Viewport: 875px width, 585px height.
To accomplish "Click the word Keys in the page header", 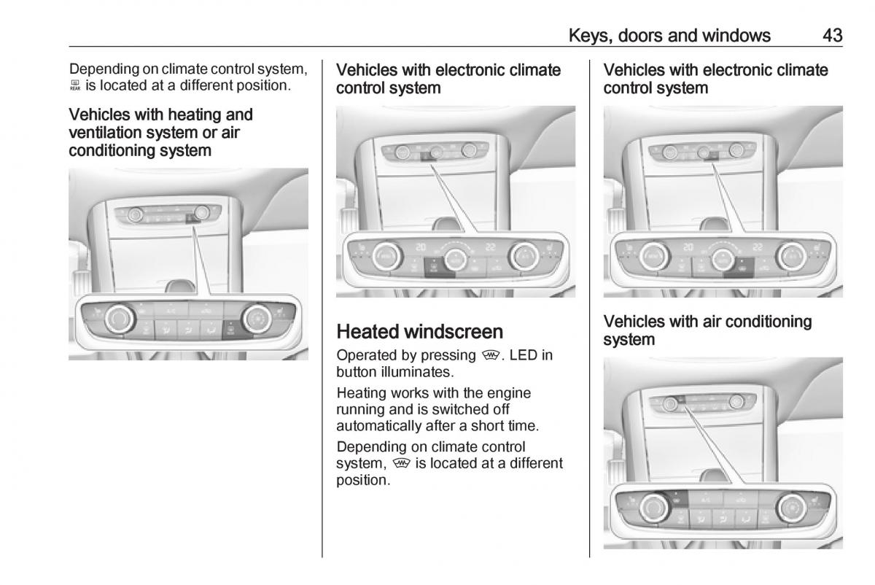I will [x=586, y=35].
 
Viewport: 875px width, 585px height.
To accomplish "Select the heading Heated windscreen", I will [x=419, y=333].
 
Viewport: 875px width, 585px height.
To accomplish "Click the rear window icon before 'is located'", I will [x=75, y=86].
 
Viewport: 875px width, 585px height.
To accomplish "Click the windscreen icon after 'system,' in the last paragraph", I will [x=398, y=464].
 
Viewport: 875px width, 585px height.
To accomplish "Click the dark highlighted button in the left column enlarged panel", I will [x=231, y=330].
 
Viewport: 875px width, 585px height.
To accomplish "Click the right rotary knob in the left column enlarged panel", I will [x=257, y=318].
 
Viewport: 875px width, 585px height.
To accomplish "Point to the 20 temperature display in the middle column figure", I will [x=420, y=247].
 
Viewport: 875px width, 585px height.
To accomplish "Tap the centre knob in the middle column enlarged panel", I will [x=456, y=256].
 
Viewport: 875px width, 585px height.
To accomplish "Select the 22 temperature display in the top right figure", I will [x=758, y=247].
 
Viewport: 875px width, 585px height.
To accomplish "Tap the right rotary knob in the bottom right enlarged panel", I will [x=790, y=505].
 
